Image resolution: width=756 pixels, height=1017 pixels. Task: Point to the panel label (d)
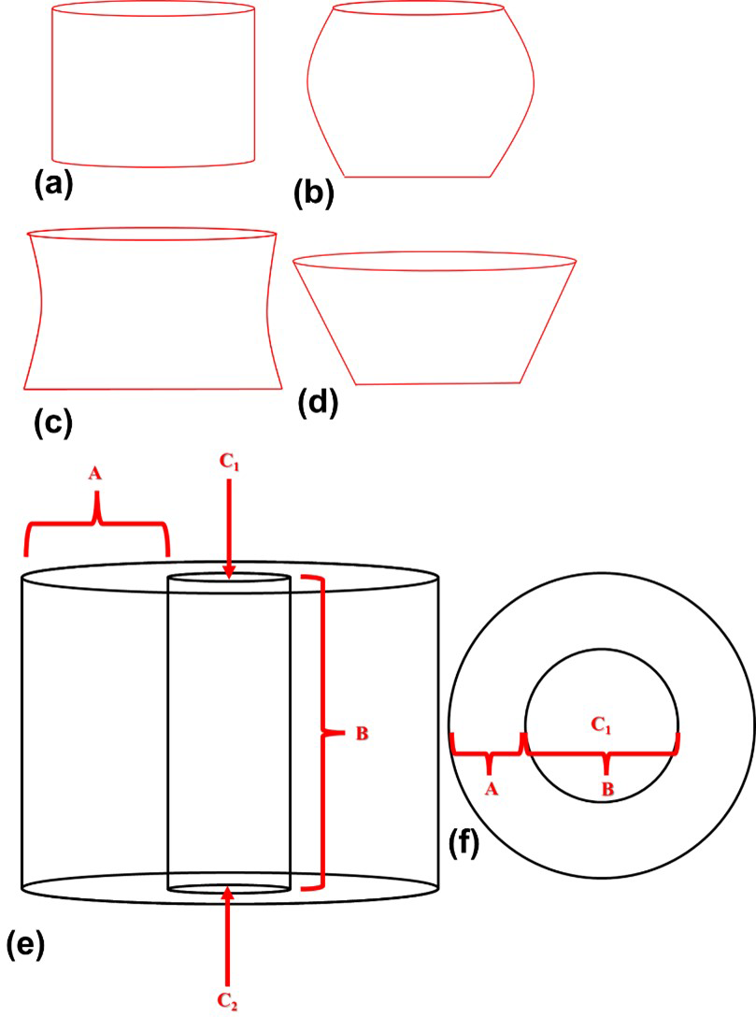(317, 404)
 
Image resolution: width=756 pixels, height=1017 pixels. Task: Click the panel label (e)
(25, 945)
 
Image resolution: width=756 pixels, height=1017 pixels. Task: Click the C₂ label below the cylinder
(228, 1001)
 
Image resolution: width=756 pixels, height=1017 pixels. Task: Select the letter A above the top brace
(95, 475)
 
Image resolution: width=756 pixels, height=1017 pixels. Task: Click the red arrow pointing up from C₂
(227, 935)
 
